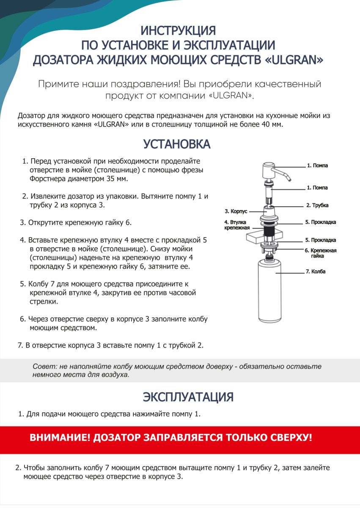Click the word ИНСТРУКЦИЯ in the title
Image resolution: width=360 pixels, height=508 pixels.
pyautogui.click(x=178, y=30)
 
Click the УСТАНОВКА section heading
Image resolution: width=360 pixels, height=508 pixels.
pyautogui.click(x=177, y=144)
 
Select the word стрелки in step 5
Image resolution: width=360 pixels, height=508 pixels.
pyautogui.click(x=44, y=302)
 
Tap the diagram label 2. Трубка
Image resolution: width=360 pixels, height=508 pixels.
pyautogui.click(x=317, y=205)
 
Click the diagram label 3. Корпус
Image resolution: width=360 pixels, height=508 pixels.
pyautogui.click(x=236, y=211)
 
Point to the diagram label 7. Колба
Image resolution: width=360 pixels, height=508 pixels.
pyautogui.click(x=315, y=271)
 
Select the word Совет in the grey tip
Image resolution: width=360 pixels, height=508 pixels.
pyautogui.click(x=42, y=367)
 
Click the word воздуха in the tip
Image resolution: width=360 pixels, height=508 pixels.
pyautogui.click(x=115, y=375)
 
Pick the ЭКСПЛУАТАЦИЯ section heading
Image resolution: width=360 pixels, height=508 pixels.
pyautogui.click(x=188, y=397)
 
